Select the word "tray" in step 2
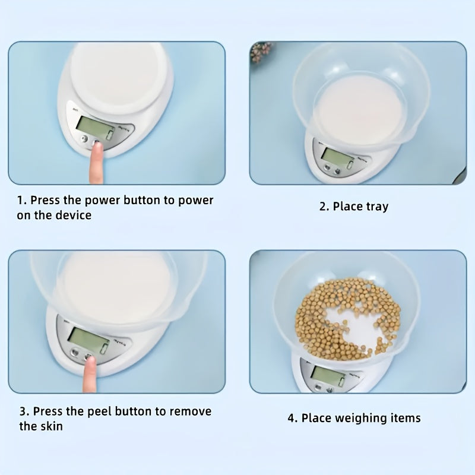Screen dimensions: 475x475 (377, 207)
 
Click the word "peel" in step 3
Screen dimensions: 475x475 (99, 411)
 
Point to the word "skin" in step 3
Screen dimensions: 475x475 (52, 426)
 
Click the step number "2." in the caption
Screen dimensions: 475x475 (324, 207)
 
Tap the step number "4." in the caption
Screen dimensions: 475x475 (293, 419)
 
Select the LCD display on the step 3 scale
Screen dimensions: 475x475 (88, 340)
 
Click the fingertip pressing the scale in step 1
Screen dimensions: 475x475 (97, 147)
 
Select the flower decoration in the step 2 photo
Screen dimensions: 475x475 (261, 52)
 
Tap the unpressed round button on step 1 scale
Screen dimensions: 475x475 (84, 139)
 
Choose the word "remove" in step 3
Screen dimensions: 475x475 (190, 411)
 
